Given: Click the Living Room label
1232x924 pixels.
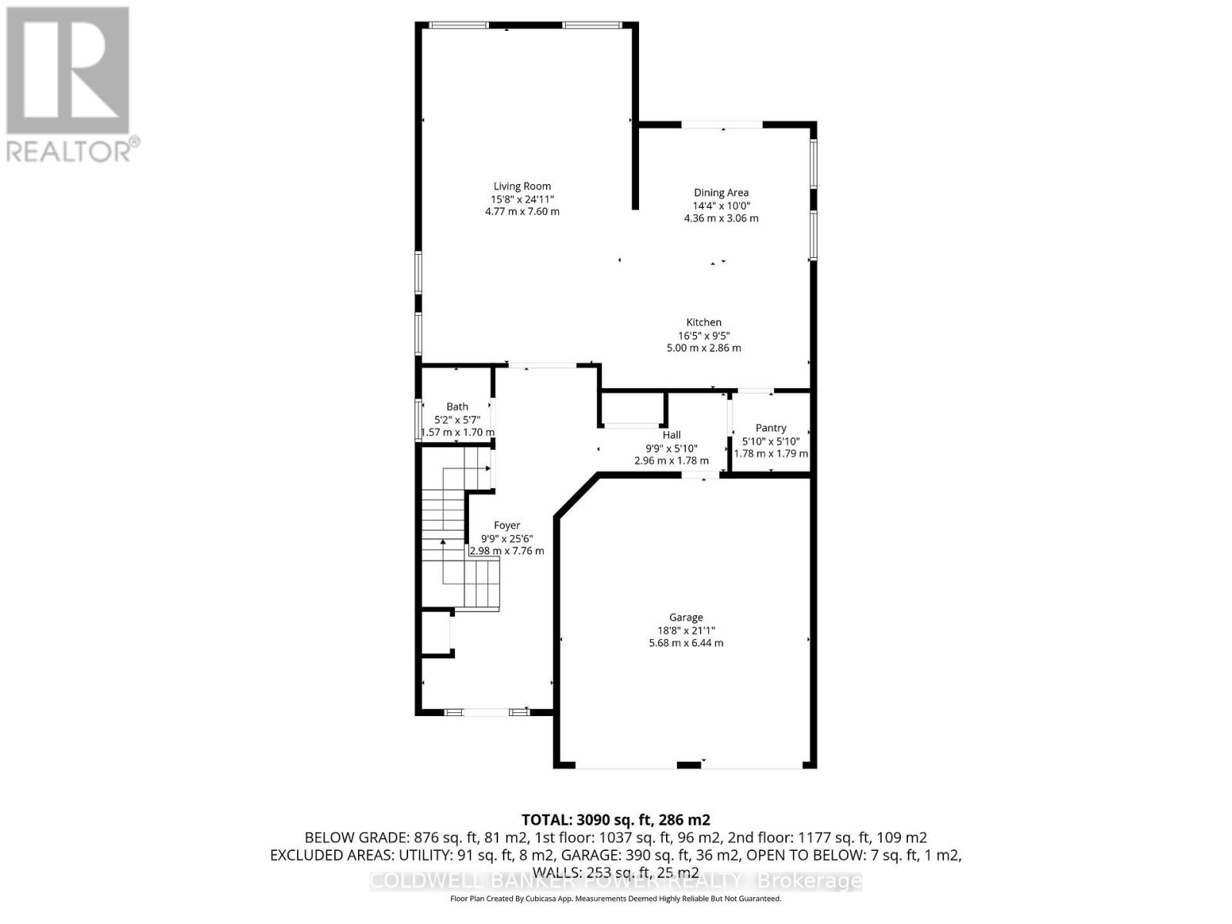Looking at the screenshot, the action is click(x=522, y=186).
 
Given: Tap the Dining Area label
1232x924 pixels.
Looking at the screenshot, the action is click(x=721, y=193).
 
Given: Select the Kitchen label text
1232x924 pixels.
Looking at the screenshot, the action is click(x=703, y=323).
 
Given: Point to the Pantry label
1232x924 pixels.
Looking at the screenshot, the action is click(x=771, y=428).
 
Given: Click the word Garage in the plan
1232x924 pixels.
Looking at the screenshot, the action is click(x=686, y=618).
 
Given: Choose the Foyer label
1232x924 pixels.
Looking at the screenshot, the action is click(x=506, y=526).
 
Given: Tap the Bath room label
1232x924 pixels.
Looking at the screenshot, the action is click(x=457, y=407).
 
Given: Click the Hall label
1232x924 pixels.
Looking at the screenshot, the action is click(x=671, y=435).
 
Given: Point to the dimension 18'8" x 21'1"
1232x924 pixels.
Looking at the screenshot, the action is click(x=686, y=631).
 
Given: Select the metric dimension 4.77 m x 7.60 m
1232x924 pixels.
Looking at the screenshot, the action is click(x=522, y=212).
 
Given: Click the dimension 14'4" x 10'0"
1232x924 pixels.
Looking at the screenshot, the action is click(x=721, y=206).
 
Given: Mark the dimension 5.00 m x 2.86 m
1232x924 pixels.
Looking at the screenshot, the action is click(x=703, y=348).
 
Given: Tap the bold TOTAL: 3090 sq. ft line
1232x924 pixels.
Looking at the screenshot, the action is click(x=616, y=820).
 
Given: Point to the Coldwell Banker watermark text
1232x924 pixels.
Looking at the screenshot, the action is click(x=616, y=881).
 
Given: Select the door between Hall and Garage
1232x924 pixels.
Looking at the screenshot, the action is click(x=701, y=476).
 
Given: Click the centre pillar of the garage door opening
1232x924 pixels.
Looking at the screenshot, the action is click(x=688, y=765).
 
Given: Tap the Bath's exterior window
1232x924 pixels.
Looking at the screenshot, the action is click(x=417, y=419).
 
